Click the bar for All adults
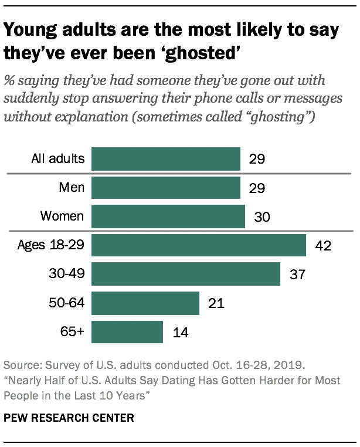pos(166,159)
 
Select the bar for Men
pos(166,188)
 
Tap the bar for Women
pos(168,216)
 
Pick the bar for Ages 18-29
pos(199,245)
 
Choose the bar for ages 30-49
pos(186,274)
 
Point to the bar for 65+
pos(127,332)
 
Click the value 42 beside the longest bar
pos(322,246)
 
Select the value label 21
pos(215,303)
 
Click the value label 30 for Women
pos(261,216)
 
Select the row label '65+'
pos(73,332)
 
